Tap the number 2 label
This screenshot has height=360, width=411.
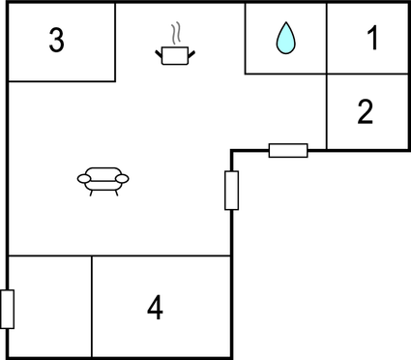(365, 112)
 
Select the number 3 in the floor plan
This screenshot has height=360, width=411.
(57, 42)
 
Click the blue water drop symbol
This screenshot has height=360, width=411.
(285, 39)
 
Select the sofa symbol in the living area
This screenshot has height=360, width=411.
(103, 178)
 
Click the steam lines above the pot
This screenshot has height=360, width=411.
(174, 35)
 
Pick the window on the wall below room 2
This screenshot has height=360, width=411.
(287, 150)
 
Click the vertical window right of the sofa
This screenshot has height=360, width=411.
(231, 190)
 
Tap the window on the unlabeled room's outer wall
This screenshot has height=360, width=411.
(8, 309)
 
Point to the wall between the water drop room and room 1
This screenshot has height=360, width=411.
(326, 39)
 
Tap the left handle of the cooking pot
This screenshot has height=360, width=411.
(159, 51)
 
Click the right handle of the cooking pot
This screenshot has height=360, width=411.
(190, 51)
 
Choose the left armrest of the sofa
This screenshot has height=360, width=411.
(81, 178)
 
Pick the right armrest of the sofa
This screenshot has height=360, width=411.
(124, 178)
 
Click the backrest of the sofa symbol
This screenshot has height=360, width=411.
(103, 170)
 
